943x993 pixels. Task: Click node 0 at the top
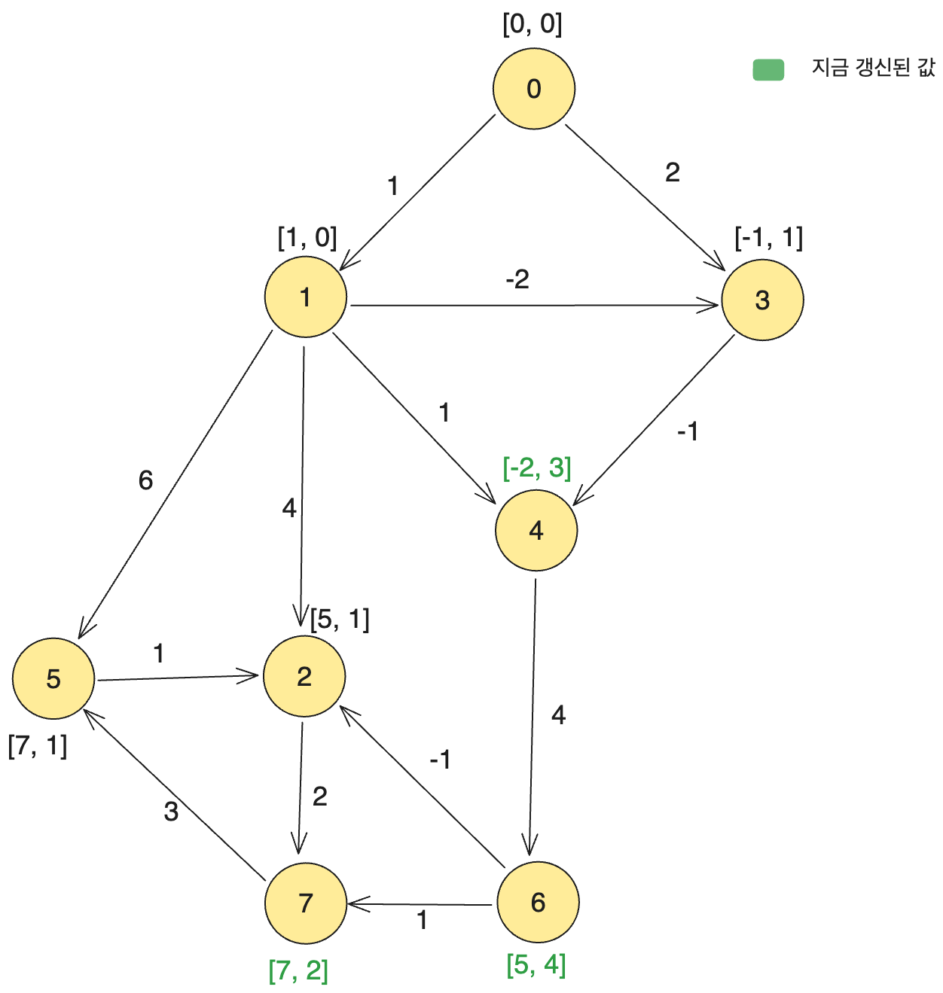(534, 89)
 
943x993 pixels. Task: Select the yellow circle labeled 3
(762, 300)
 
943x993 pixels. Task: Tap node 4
(536, 531)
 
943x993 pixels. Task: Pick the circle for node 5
(53, 678)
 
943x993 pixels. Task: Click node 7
(306, 902)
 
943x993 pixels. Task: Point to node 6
(538, 902)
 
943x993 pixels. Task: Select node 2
(304, 676)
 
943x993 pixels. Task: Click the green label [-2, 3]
(536, 468)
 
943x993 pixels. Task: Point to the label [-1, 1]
(768, 238)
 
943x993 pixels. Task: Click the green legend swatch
(768, 69)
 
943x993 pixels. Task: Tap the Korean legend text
(873, 68)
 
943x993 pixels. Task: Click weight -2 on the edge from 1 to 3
(517, 279)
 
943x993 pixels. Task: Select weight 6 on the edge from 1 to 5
(145, 480)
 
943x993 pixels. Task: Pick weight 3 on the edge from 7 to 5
(171, 811)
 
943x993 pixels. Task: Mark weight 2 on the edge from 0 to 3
(673, 172)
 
